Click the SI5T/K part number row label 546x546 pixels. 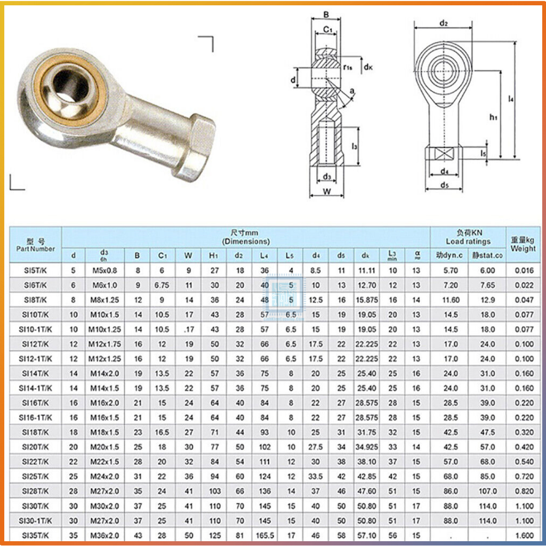coord(35,270)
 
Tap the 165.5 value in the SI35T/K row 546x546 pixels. coord(265,535)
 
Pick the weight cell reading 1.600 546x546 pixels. coord(524,535)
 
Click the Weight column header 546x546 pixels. coord(523,245)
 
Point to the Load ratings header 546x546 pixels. coord(468,241)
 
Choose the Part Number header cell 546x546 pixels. coord(35,245)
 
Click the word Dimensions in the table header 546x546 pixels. coord(246,241)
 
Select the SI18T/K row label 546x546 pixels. coord(35,431)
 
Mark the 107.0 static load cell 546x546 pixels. coord(487,491)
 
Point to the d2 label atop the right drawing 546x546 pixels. coord(443,23)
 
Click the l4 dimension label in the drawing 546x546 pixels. coord(511,99)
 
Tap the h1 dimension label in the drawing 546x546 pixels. coord(493,117)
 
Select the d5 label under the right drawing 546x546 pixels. coord(444,185)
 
